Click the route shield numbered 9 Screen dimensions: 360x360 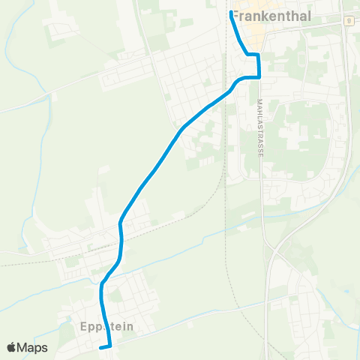tap(349, 21)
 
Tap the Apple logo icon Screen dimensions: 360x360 tap(12, 347)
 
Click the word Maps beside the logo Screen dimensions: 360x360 tap(33, 347)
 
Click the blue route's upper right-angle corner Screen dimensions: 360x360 tap(258, 55)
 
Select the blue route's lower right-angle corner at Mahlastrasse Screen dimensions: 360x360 tap(259, 76)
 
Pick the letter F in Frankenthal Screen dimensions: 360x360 tap(235, 13)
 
